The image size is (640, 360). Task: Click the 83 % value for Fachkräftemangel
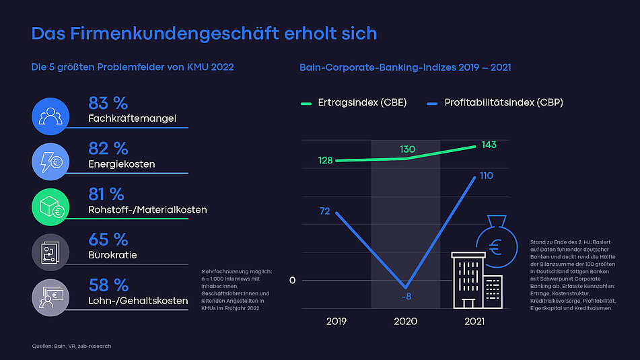pyautogui.click(x=108, y=103)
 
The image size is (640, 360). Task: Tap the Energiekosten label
pyautogui.click(x=122, y=164)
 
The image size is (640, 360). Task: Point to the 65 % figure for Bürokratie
pyautogui.click(x=108, y=240)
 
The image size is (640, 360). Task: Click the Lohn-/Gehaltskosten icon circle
pyautogui.click(x=50, y=297)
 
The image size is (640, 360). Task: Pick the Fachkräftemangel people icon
pyautogui.click(x=50, y=116)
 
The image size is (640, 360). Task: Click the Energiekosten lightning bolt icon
pyautogui.click(x=50, y=161)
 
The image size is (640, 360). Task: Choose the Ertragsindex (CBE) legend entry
pyautogui.click(x=353, y=103)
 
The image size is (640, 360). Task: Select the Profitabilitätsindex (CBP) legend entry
pyautogui.click(x=495, y=103)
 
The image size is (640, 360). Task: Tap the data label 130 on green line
pyautogui.click(x=407, y=149)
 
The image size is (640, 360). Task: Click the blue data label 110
pyautogui.click(x=485, y=176)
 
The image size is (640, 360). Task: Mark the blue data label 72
pyautogui.click(x=324, y=211)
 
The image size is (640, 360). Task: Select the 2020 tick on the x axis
pyautogui.click(x=405, y=322)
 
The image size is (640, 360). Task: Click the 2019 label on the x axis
pyautogui.click(x=336, y=322)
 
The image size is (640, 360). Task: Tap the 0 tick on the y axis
pyautogui.click(x=292, y=280)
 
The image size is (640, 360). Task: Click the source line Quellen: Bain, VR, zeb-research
pyautogui.click(x=71, y=346)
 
